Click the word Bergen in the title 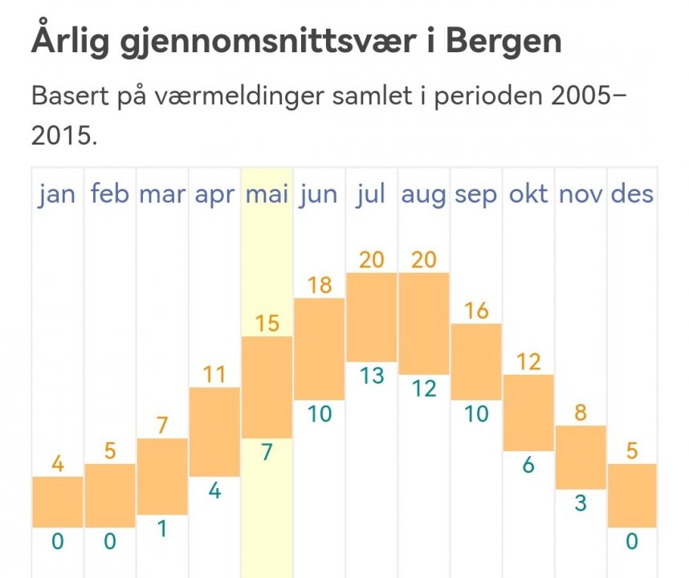pyautogui.click(x=503, y=40)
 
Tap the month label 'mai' pyautogui.click(x=267, y=194)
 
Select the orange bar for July pyautogui.click(x=371, y=317)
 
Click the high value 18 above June pyautogui.click(x=319, y=285)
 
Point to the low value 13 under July pyautogui.click(x=371, y=375)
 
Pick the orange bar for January pyautogui.click(x=58, y=502)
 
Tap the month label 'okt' pyautogui.click(x=528, y=194)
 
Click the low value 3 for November pyautogui.click(x=580, y=503)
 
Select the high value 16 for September pyautogui.click(x=475, y=311)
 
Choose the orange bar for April pyautogui.click(x=214, y=432)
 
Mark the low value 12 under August pyautogui.click(x=423, y=389)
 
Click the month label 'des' pyautogui.click(x=632, y=194)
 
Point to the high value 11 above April pyautogui.click(x=214, y=374)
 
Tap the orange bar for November pyautogui.click(x=580, y=457)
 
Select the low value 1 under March pyautogui.click(x=162, y=529)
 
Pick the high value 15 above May pyautogui.click(x=267, y=324)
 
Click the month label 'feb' pyautogui.click(x=110, y=194)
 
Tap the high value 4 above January pyautogui.click(x=58, y=464)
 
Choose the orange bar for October pyautogui.click(x=528, y=413)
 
